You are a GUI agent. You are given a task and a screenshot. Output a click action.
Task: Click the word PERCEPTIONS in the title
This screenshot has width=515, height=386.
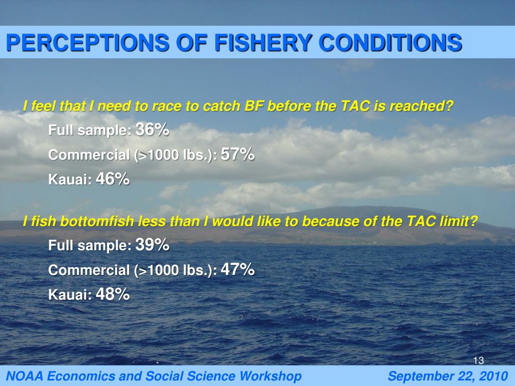coord(83,43)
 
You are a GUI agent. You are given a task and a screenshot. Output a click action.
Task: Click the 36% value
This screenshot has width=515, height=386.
coord(152,130)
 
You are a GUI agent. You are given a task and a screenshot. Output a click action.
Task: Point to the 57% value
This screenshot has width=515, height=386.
coord(237,155)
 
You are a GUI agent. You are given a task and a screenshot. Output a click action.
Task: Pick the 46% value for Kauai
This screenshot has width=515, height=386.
coord(113,179)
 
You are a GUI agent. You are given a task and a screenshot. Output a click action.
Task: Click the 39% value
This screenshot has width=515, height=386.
coord(152,245)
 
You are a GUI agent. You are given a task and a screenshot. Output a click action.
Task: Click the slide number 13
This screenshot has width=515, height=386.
coord(478,360)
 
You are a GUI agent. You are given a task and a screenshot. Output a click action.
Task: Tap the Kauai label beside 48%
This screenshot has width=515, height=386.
coord(70,295)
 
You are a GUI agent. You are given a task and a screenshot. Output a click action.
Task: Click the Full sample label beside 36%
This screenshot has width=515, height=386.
coord(90,131)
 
